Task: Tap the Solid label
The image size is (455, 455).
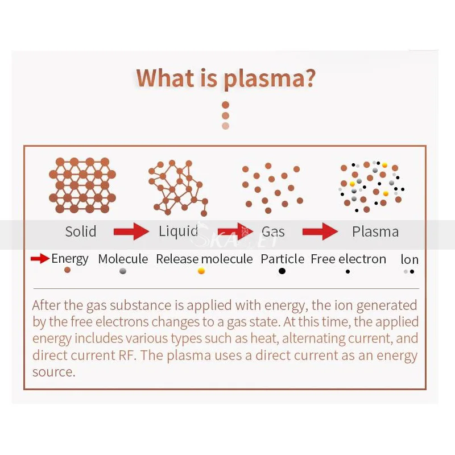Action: pyautogui.click(x=81, y=231)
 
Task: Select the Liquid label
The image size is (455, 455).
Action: pyautogui.click(x=178, y=231)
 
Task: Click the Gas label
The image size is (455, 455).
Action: pyautogui.click(x=273, y=231)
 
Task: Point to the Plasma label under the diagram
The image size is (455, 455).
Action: pyautogui.click(x=375, y=231)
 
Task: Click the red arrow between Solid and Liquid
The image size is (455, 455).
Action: pyautogui.click(x=131, y=231)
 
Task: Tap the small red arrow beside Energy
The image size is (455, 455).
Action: pyautogui.click(x=40, y=259)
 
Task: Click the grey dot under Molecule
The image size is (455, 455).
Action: pyautogui.click(x=123, y=271)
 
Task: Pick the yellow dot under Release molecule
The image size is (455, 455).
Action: pyautogui.click(x=201, y=271)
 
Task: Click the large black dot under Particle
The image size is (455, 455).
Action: pyautogui.click(x=282, y=271)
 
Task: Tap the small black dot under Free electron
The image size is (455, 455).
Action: pyautogui.click(x=348, y=272)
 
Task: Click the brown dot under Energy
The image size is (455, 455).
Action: pyautogui.click(x=68, y=270)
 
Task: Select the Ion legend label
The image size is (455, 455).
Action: pyautogui.click(x=409, y=260)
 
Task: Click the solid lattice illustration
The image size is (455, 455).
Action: pyautogui.click(x=82, y=185)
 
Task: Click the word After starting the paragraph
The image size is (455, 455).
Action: pyautogui.click(x=47, y=305)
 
